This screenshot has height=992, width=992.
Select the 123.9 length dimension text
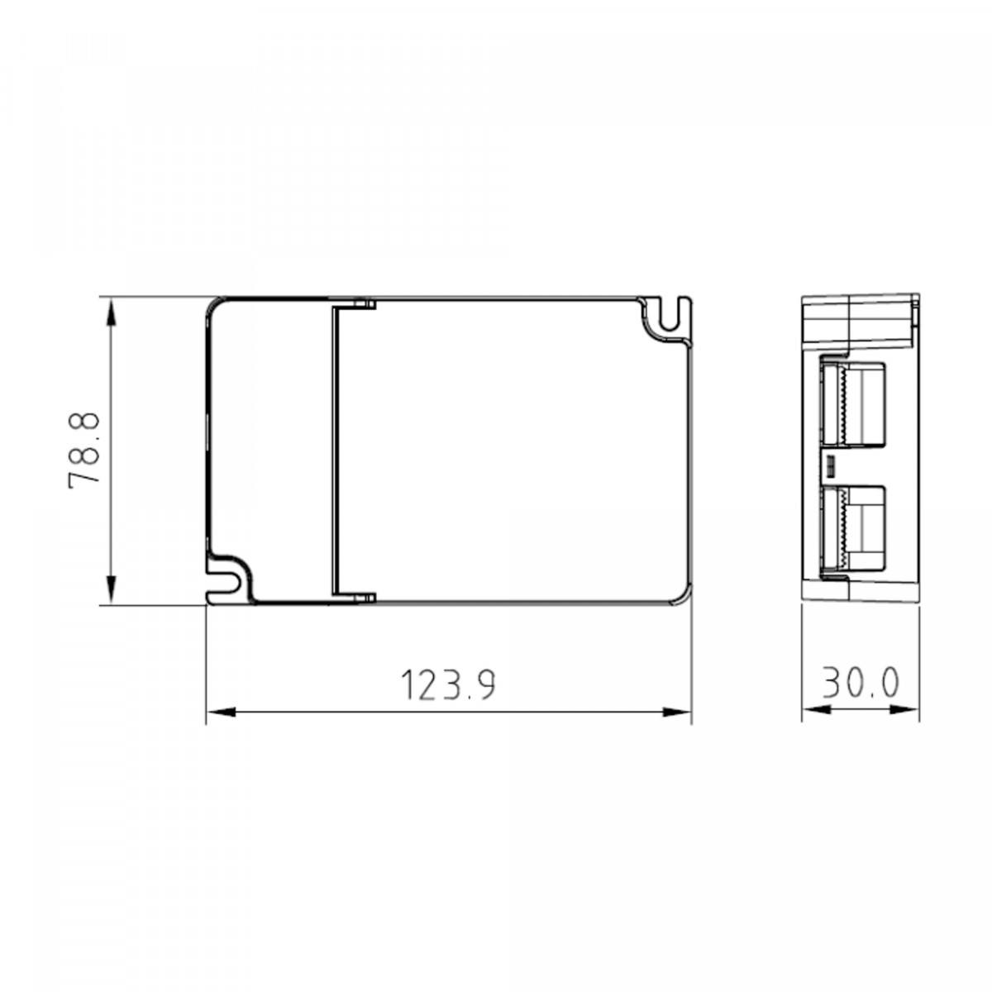[x=448, y=684]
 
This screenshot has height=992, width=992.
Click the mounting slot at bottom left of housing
[x=225, y=579]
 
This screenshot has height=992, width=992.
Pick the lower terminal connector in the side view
[x=851, y=528]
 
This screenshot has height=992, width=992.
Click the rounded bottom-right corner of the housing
[x=680, y=597]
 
